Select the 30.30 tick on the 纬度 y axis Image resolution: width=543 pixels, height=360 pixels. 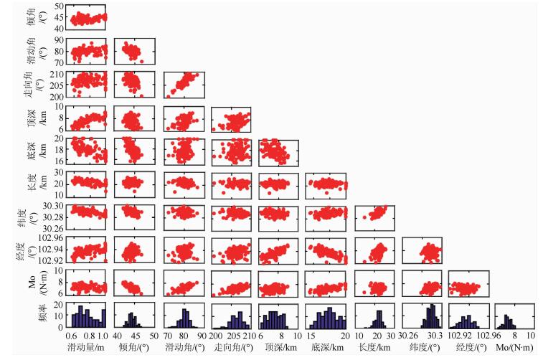pos(55,205)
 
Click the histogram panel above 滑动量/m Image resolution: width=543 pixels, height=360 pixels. pos(88,316)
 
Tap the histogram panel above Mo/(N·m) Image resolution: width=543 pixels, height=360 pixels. pos(514,316)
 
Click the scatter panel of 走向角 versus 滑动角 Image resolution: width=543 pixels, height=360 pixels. pos(184,84)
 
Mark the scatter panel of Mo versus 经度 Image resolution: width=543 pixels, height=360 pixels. pos(468,283)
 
